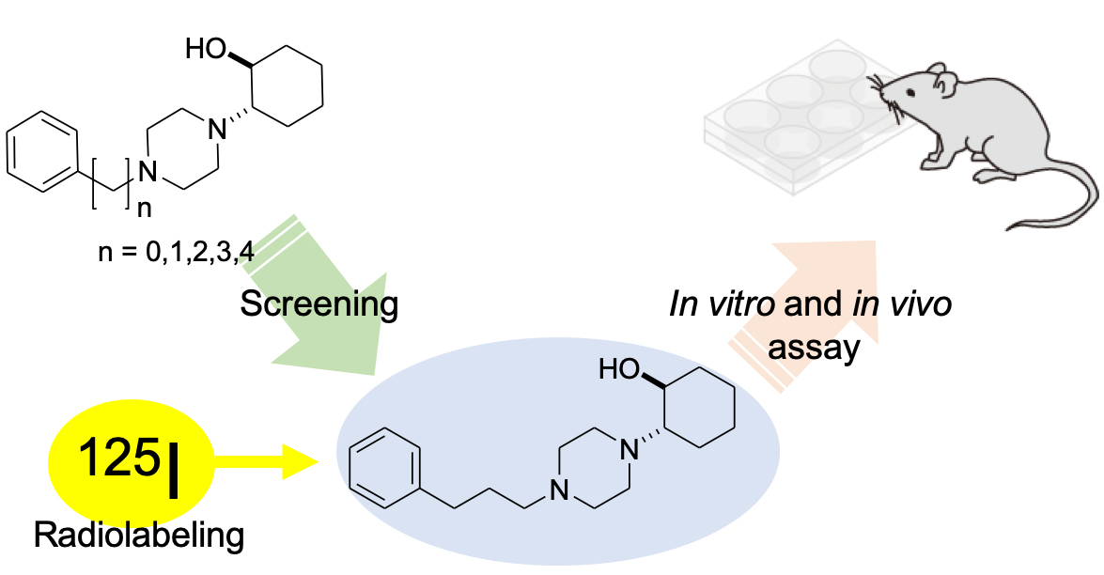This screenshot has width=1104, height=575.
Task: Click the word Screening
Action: (x=319, y=304)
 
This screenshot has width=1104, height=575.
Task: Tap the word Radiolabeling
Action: (x=139, y=536)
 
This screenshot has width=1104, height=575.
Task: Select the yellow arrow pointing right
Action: (x=264, y=461)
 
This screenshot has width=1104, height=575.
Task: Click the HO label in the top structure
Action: (x=206, y=49)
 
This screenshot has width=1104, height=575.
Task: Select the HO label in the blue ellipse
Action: (x=619, y=369)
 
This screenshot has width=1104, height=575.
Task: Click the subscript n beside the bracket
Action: (x=144, y=209)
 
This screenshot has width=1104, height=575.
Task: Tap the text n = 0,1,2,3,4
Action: (x=177, y=251)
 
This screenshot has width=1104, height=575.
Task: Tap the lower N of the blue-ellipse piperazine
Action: (x=559, y=490)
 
